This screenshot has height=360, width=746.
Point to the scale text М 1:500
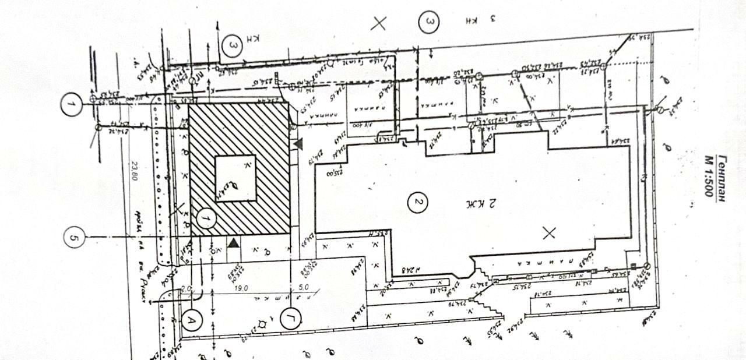coord(709,175)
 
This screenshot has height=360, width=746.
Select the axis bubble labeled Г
coord(290,319)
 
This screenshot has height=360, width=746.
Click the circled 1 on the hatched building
coord(205,218)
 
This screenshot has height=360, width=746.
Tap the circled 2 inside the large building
coord(417,203)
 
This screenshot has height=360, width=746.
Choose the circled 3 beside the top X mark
coord(430,23)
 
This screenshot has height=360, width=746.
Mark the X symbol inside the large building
coord(548,233)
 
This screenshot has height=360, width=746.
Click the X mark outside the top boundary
coord(379,23)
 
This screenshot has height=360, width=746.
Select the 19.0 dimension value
coord(242,288)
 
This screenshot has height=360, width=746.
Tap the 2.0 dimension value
coord(186,288)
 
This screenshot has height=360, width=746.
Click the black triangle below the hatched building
coord(233,243)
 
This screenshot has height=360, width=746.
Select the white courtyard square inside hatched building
coord(236,178)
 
